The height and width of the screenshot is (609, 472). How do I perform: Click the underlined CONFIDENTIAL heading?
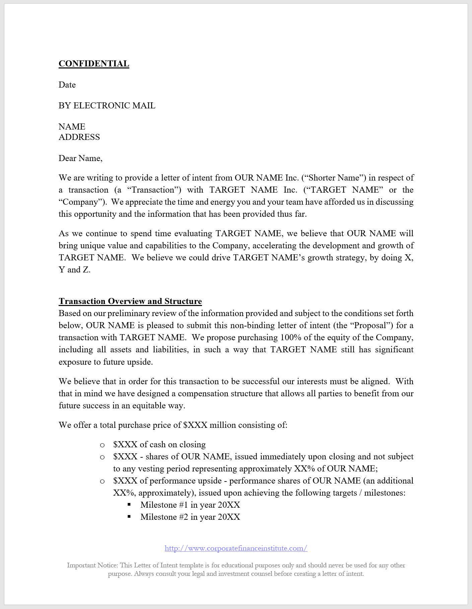pos(94,64)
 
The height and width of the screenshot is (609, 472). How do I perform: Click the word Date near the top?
pos(67,85)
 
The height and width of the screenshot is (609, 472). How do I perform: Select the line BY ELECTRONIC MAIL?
pos(107,106)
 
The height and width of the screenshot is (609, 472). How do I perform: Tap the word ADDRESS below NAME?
pos(79,137)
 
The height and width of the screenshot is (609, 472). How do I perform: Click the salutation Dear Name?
pos(80,158)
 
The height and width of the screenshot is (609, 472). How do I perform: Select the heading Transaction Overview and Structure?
pos(130,301)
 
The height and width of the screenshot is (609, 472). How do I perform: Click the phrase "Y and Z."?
pos(74,270)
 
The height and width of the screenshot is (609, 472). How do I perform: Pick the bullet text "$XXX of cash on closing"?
pos(159,445)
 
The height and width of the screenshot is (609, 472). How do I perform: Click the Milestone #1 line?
pos(190,505)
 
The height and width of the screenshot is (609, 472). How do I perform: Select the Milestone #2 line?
pos(190,517)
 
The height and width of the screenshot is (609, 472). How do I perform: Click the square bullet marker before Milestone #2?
pos(129,517)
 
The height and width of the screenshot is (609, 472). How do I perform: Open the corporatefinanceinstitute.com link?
pos(236,548)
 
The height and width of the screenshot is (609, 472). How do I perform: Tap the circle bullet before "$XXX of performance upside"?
pos(103,481)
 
